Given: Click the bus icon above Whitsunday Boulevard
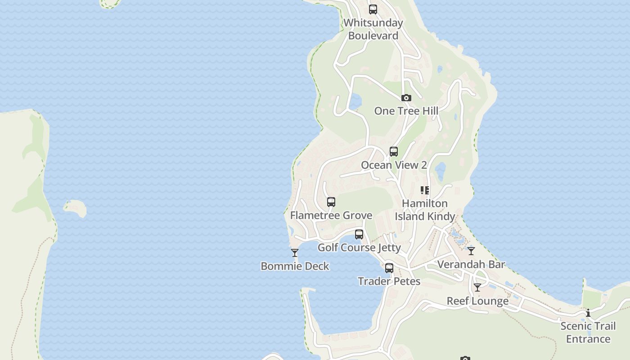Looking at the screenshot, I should point(373,9).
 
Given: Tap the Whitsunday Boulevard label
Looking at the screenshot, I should point(373,29).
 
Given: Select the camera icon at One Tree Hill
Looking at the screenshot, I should point(406,98).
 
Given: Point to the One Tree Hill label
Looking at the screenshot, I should point(406,111).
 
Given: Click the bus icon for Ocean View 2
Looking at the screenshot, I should point(394,152).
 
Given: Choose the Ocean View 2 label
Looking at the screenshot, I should point(394,165).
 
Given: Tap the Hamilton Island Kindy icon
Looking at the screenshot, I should point(425,190).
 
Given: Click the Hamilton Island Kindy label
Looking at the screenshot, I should point(425,210).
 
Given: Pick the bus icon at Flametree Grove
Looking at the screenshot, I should point(331,202).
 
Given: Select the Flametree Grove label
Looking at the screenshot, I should point(331,215).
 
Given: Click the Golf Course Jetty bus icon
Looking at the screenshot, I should point(359,234).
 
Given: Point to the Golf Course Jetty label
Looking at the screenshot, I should point(359,247).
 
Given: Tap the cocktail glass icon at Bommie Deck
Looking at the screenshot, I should point(295,253).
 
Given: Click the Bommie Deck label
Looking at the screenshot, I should point(295,266).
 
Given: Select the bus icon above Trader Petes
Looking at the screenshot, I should point(389,268).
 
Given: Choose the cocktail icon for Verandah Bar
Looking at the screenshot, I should point(471,251).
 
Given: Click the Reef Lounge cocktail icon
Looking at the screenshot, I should point(477,288).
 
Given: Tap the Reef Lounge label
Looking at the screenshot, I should point(477,301).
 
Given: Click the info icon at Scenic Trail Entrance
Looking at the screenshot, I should point(588,313).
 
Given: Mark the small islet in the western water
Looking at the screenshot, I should point(75,208).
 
